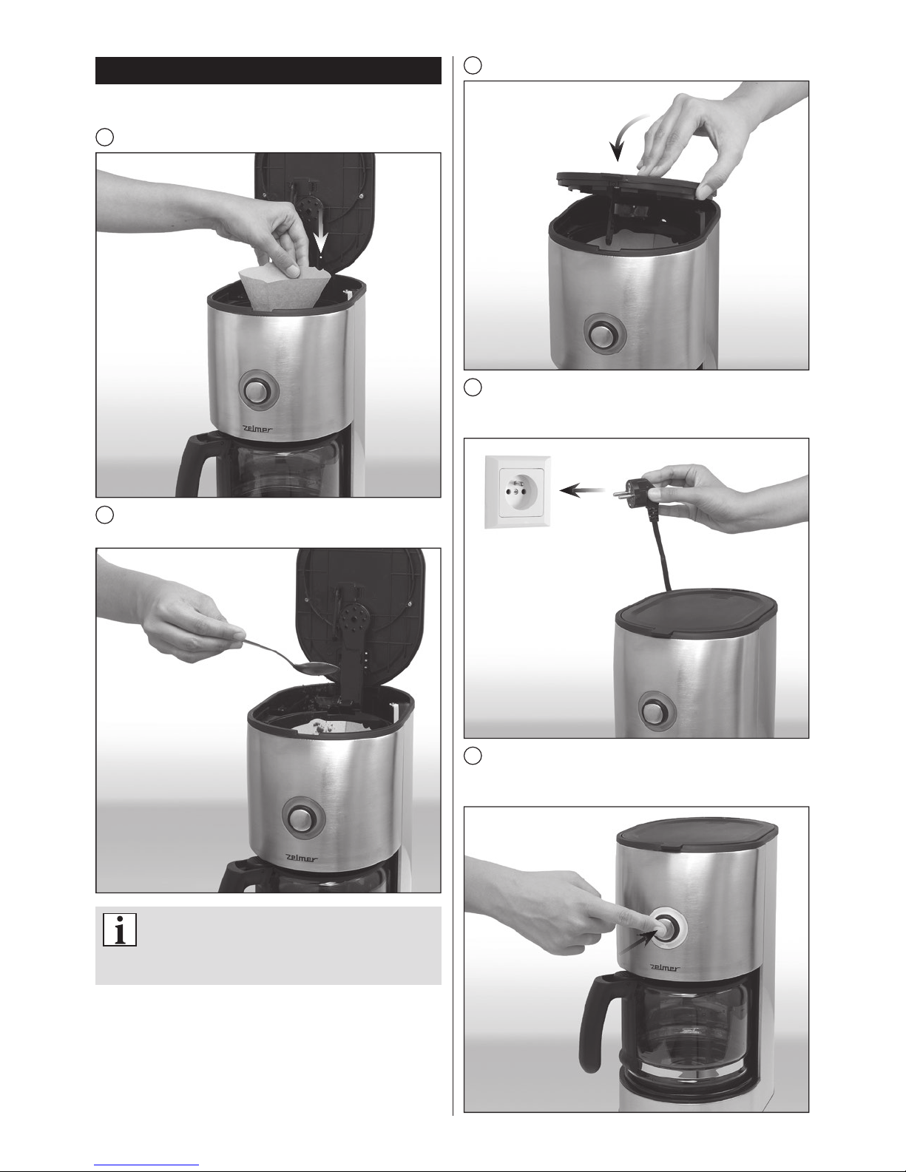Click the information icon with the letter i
(120, 929)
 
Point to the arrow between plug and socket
(582, 491)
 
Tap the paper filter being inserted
(282, 288)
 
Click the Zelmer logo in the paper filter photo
(257, 430)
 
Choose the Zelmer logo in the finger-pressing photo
(664, 968)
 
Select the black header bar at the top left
(268, 70)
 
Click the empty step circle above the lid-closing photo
(473, 65)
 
